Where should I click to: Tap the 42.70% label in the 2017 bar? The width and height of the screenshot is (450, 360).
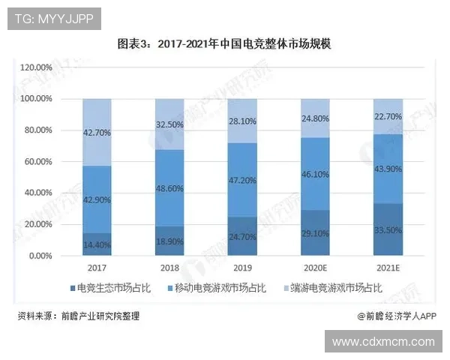point(96,133)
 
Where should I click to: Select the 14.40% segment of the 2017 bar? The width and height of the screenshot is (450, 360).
point(96,244)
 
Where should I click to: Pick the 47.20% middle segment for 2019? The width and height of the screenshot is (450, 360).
point(243,181)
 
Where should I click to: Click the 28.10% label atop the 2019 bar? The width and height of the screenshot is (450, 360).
point(243,121)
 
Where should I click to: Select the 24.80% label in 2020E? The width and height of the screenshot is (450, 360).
point(316,118)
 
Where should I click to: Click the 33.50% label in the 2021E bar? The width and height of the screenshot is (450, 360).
point(388,230)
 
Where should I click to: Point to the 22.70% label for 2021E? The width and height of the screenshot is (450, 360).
point(388,116)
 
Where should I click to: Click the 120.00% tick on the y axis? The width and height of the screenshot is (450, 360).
point(35,67)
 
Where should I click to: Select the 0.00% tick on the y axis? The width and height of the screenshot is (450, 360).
point(40,256)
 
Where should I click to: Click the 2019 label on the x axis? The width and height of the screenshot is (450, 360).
point(243,267)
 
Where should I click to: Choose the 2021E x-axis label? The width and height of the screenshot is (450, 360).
point(388,267)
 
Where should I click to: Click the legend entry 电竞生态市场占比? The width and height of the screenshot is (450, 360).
point(112,288)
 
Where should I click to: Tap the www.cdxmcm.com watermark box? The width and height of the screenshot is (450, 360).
point(383,342)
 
